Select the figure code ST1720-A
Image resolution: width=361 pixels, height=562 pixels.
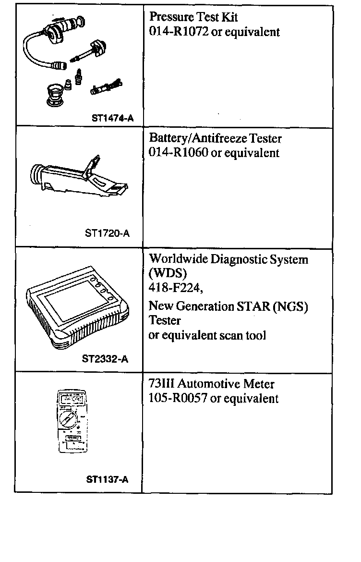point(107,233)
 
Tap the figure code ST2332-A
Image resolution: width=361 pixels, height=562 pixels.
point(105,358)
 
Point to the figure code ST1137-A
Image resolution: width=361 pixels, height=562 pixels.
point(107,479)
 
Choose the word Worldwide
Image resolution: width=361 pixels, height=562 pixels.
point(177,260)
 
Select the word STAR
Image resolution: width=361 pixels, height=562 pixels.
point(253,306)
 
